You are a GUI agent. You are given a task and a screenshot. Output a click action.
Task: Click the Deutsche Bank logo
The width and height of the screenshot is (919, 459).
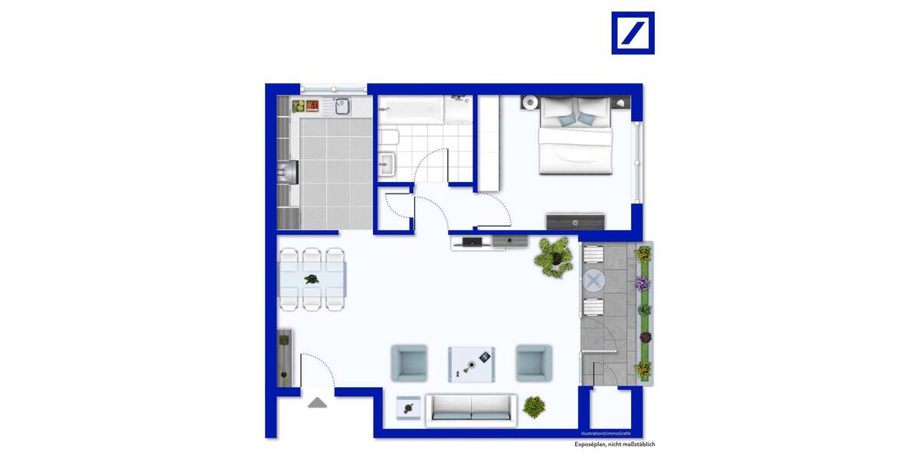pyautogui.click(x=633, y=33)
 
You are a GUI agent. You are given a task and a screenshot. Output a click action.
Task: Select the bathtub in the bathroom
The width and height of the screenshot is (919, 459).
pyautogui.click(x=410, y=109)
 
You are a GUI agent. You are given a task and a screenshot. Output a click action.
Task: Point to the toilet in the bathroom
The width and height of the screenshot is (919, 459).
pyautogui.click(x=388, y=138)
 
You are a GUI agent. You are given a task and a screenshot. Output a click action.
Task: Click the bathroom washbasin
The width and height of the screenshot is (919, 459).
pyautogui.click(x=386, y=164)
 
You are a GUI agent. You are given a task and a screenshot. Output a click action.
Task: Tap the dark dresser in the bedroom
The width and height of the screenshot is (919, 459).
pyautogui.click(x=575, y=221)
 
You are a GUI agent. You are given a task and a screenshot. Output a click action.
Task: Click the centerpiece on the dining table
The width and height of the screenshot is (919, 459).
pyautogui.click(x=312, y=279)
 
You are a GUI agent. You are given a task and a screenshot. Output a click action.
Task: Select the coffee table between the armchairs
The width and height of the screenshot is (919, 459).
pyautogui.click(x=471, y=363)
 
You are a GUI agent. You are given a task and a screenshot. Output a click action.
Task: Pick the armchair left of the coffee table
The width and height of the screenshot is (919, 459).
pyautogui.click(x=409, y=363)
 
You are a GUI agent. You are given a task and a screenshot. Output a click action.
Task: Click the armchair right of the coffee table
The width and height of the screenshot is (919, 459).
pyautogui.click(x=533, y=363)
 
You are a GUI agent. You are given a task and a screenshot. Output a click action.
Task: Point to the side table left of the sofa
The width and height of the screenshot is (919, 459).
pyautogui.click(x=407, y=408)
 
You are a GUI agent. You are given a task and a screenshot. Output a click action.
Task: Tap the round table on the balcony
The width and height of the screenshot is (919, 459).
pyautogui.click(x=594, y=280)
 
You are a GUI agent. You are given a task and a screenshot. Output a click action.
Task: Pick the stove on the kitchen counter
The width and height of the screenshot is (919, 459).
pyautogui.click(x=289, y=173)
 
